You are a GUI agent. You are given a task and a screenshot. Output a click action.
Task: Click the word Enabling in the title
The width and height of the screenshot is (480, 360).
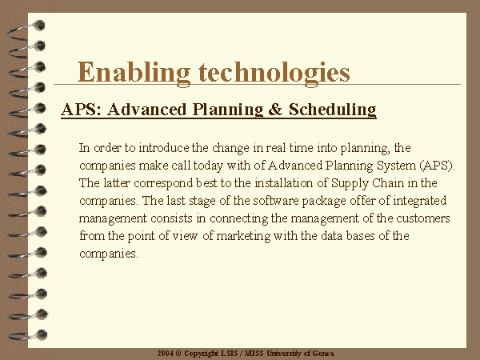pos(134,73)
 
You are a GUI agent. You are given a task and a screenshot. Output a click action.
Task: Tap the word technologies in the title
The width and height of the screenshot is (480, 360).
pos(274,73)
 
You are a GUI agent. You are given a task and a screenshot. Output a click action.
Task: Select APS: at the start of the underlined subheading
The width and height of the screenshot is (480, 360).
pos(81,110)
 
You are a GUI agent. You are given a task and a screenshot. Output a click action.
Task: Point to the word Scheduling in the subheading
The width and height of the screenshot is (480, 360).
pos(333,110)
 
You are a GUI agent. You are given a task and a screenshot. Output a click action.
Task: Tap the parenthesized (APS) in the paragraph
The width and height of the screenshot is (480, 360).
pos(435,166)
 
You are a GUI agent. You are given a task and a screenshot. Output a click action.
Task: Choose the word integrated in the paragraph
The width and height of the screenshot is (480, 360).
pos(419,201)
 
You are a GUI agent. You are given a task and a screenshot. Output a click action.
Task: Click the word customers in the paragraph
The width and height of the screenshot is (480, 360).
pos(423,218)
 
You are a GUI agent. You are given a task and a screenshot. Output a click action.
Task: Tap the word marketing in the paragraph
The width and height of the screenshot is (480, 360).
pos(243,236)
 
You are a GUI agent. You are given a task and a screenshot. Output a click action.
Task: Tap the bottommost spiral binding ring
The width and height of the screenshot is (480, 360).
pos(27,335)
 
